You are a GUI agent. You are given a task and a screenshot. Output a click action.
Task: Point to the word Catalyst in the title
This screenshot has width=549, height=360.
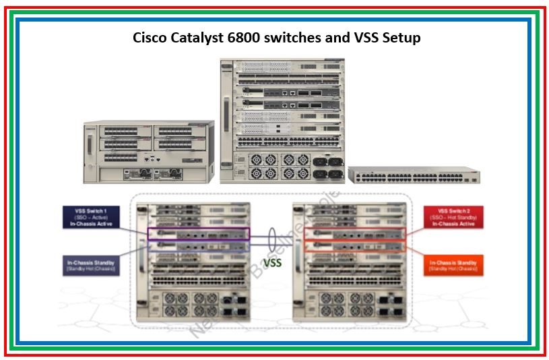click(x=195, y=38)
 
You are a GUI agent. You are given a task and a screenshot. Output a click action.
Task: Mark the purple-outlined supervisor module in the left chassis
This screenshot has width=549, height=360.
click(x=198, y=234)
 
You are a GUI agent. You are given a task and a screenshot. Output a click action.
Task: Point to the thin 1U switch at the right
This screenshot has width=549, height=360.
click(x=414, y=175)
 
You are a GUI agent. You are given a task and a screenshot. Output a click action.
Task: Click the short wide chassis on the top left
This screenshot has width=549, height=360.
click(x=148, y=152)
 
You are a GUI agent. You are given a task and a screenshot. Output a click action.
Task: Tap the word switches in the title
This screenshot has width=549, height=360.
click(x=291, y=38)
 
